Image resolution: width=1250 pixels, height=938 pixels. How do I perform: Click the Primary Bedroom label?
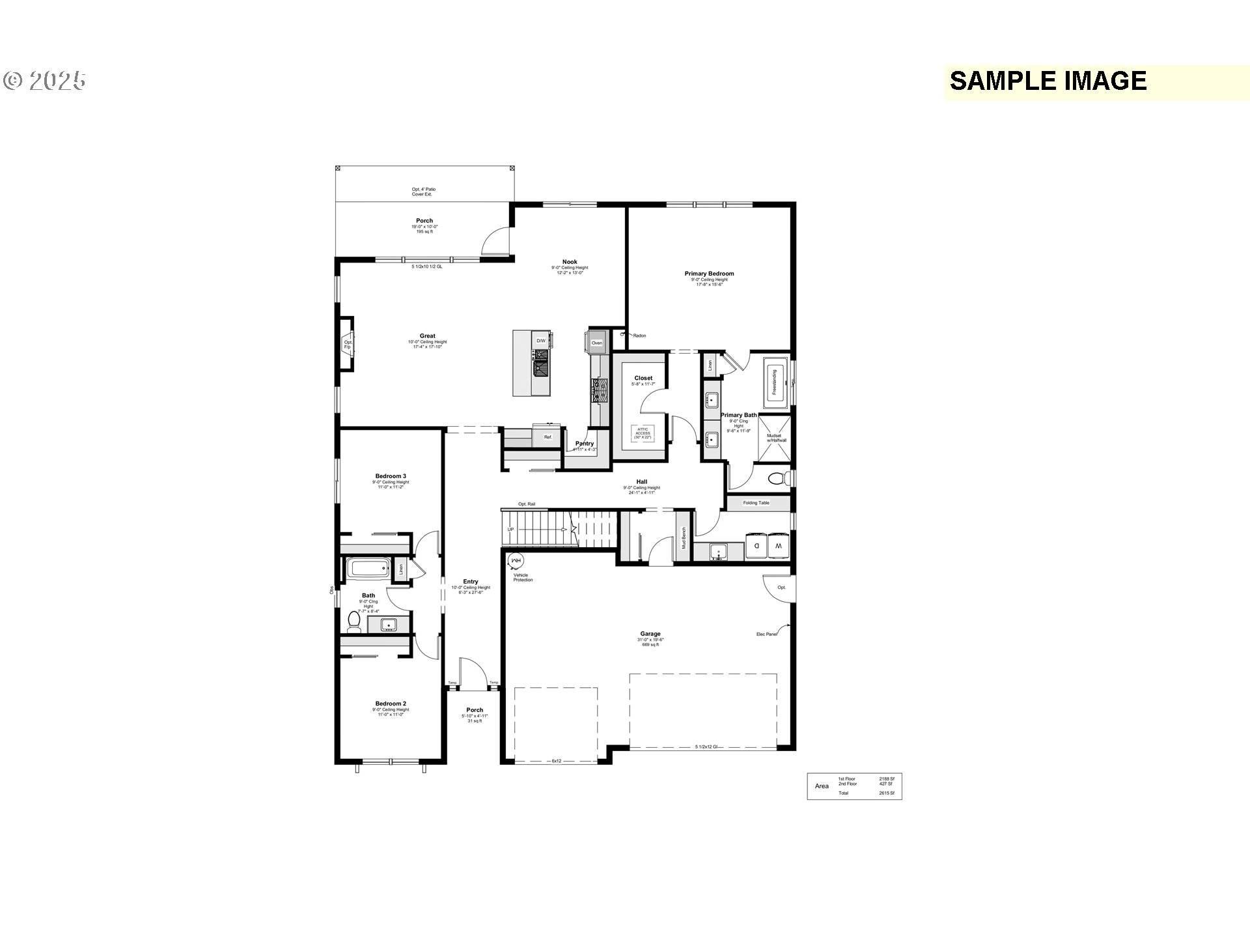tap(709, 274)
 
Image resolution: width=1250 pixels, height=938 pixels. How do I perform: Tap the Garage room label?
tap(650, 634)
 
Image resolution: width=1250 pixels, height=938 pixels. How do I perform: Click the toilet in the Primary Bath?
tap(778, 479)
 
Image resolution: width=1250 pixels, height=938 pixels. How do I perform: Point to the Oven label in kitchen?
tap(596, 343)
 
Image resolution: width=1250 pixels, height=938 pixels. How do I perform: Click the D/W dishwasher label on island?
tap(541, 341)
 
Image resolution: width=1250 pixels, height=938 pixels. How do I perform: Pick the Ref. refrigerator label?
tap(548, 437)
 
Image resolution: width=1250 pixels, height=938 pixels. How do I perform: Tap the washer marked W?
tap(779, 546)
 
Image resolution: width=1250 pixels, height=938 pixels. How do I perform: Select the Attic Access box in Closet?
tap(643, 433)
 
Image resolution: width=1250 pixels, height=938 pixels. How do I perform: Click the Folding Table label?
tap(756, 503)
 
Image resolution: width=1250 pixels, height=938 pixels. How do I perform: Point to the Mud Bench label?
tap(684, 538)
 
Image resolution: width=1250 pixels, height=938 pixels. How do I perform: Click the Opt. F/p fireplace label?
tap(348, 344)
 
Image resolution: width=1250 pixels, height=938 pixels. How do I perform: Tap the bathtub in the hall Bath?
tap(368, 568)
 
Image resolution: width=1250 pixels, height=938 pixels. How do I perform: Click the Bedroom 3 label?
tap(391, 476)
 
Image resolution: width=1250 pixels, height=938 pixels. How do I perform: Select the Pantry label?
tap(585, 444)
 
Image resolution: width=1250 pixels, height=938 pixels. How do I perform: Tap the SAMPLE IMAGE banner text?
tap(1048, 81)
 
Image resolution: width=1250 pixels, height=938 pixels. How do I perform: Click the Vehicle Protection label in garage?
tap(522, 577)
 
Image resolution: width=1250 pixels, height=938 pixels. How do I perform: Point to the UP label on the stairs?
tap(510, 530)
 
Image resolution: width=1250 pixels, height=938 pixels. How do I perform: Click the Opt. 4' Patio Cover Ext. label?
tap(423, 192)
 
